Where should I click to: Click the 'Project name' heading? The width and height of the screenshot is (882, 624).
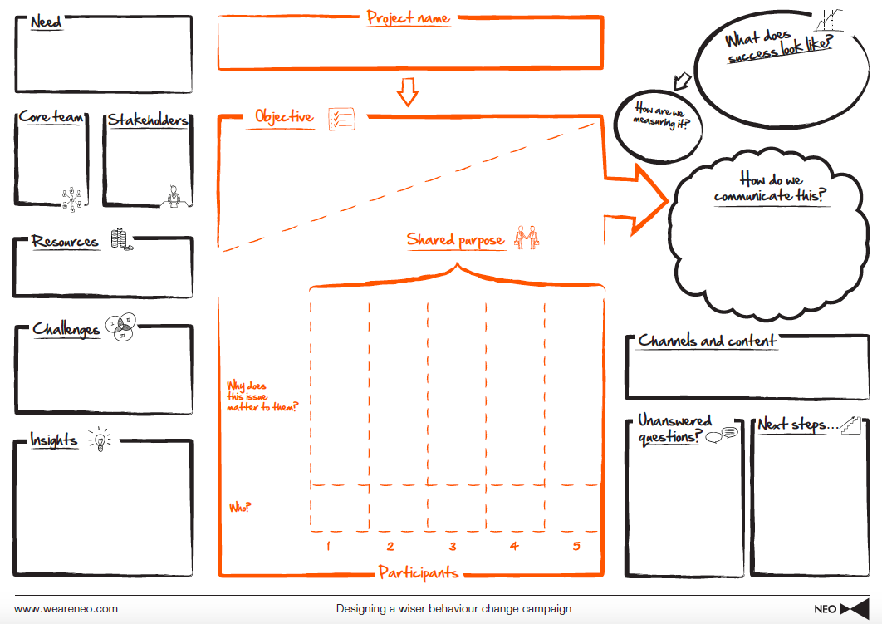408,17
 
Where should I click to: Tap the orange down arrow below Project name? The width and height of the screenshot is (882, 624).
407,91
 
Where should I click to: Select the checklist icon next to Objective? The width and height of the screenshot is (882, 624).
341,118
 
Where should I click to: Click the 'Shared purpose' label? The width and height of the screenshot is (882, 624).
455,240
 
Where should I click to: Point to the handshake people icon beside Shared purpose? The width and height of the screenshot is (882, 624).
527,238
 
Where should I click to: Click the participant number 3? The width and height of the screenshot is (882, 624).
453,546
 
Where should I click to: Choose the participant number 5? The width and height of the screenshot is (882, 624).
576,546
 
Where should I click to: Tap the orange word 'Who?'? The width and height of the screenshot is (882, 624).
240,507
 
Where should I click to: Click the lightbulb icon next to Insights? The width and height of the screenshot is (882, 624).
99,440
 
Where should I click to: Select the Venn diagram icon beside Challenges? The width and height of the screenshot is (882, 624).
121,327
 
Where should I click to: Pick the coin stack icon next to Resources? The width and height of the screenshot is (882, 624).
121,240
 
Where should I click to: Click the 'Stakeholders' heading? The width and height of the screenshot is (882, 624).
148,120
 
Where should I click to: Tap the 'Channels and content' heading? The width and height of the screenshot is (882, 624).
707,341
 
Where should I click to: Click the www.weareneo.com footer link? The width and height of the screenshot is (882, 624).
66,609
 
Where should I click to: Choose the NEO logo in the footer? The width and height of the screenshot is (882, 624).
840,609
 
